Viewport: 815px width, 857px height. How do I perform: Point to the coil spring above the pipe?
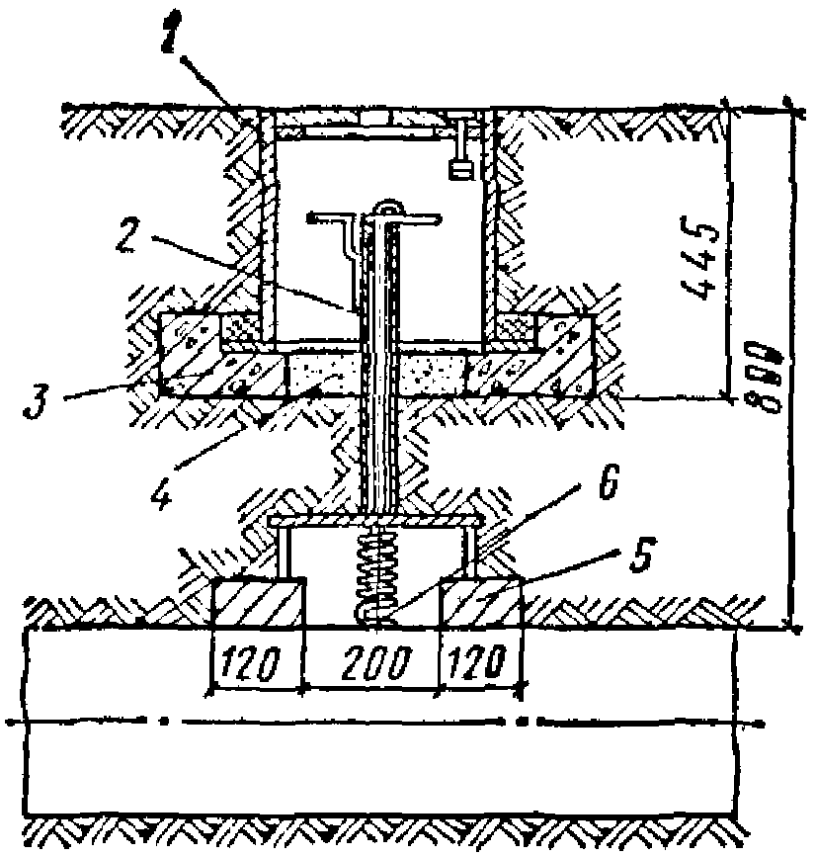pos(379,573)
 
